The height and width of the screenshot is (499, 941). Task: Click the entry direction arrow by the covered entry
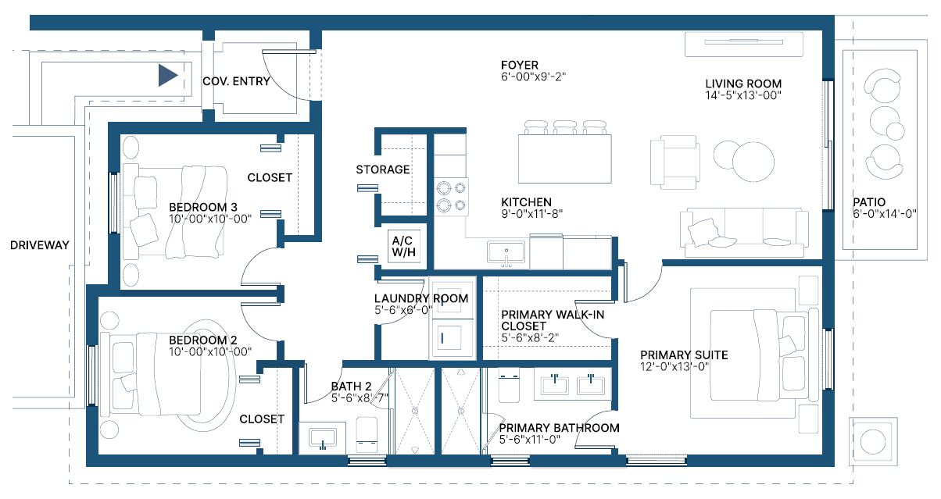(167, 76)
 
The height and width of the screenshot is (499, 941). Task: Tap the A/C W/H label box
(404, 246)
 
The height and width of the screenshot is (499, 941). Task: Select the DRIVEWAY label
(40, 245)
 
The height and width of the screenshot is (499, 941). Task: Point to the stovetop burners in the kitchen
(451, 197)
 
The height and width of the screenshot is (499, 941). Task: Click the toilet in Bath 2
(367, 434)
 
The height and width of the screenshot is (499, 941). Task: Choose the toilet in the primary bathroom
(509, 385)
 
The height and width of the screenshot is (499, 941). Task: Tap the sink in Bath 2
(322, 439)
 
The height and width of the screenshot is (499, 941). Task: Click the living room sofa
(744, 233)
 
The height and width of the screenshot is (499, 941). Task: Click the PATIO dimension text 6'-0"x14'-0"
(884, 214)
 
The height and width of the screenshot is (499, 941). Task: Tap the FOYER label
(519, 65)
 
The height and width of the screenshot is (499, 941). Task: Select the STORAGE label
(383, 169)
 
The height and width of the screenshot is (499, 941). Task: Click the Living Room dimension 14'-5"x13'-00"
(743, 95)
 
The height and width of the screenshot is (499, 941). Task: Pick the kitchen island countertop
(564, 159)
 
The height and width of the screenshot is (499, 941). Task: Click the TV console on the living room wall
(743, 44)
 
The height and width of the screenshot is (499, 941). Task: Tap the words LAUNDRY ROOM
(421, 298)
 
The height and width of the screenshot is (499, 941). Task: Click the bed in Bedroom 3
(176, 212)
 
